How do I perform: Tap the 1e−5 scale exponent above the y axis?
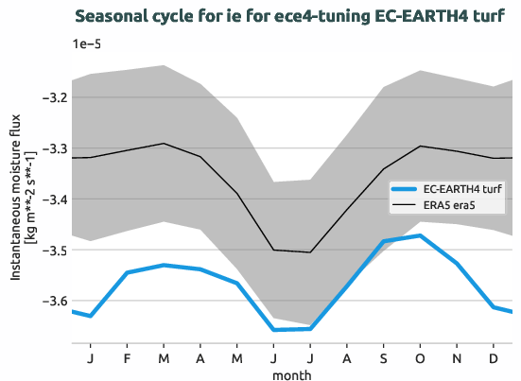[x=88, y=44]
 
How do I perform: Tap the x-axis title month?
[x=292, y=374]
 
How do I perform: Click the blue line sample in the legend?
[x=404, y=189]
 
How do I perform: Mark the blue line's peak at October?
[x=420, y=235]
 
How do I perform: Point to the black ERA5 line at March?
[x=165, y=144]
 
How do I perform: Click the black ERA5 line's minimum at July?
[x=310, y=252]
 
